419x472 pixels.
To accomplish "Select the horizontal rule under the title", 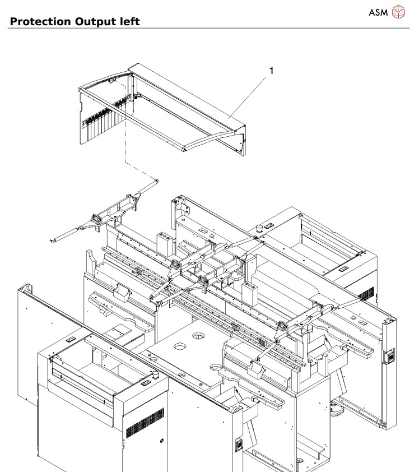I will (209, 29).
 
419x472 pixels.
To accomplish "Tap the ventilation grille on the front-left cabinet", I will (144, 423).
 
